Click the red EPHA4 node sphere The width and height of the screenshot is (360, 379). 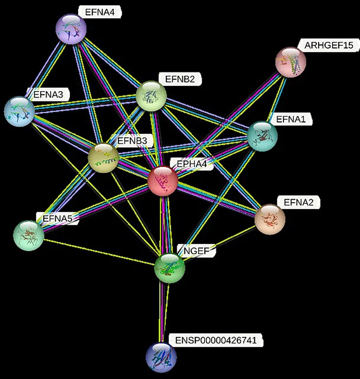click(163, 180)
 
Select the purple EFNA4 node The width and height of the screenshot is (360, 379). click(71, 29)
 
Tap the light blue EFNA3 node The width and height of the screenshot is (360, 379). click(20, 111)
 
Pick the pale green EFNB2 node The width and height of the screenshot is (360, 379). click(151, 96)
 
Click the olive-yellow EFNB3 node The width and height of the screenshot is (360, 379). click(103, 156)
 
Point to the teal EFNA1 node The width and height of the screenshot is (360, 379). click(262, 136)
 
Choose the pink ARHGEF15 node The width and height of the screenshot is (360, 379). click(291, 62)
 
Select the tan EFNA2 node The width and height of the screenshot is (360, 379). click(270, 218)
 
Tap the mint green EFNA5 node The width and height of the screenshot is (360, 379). click(28, 235)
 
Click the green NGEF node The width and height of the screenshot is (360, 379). click(170, 268)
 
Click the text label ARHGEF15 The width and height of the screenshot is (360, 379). click(328, 46)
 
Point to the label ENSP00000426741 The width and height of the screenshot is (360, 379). click(215, 340)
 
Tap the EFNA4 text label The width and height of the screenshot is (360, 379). click(99, 11)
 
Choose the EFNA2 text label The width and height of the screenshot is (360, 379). click(298, 203)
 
